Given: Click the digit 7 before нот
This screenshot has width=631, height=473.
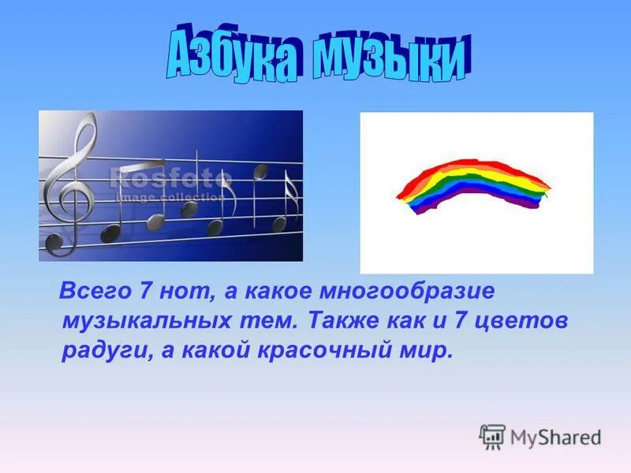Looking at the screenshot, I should tap(145, 291).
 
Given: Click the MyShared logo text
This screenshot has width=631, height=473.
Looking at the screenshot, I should tap(555, 437).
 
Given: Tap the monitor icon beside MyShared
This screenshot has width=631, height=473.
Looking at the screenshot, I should tap(492, 436).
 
